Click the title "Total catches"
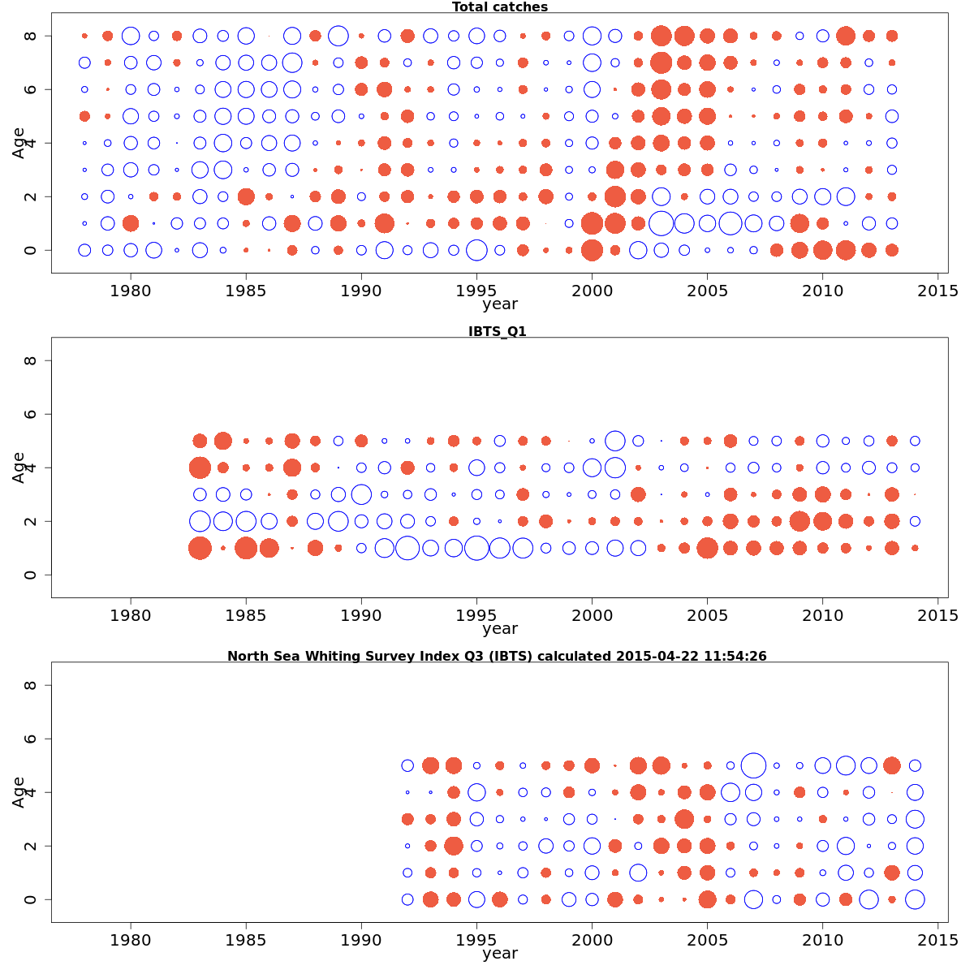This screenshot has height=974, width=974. pos(500,7)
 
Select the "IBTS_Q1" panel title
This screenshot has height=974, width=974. pos(498,331)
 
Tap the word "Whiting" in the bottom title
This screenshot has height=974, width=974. pos(334,656)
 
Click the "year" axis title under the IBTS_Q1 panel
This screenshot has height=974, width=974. pos(500,629)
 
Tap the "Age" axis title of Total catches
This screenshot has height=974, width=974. pos(19,143)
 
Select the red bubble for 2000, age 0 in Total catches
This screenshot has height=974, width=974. pos(592,250)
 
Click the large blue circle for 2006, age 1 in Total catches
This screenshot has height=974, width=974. pos(730,223)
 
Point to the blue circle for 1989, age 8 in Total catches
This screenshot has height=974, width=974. pos(338,36)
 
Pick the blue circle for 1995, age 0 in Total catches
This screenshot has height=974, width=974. pos(477,250)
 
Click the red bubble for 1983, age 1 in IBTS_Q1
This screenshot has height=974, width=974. pos(200,548)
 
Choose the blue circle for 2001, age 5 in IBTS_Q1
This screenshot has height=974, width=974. pos(615,441)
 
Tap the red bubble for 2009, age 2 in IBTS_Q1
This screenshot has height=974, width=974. pos(799,521)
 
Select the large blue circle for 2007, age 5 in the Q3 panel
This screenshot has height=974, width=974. pos(753,765)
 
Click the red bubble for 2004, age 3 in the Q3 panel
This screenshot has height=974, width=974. pos(684,819)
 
